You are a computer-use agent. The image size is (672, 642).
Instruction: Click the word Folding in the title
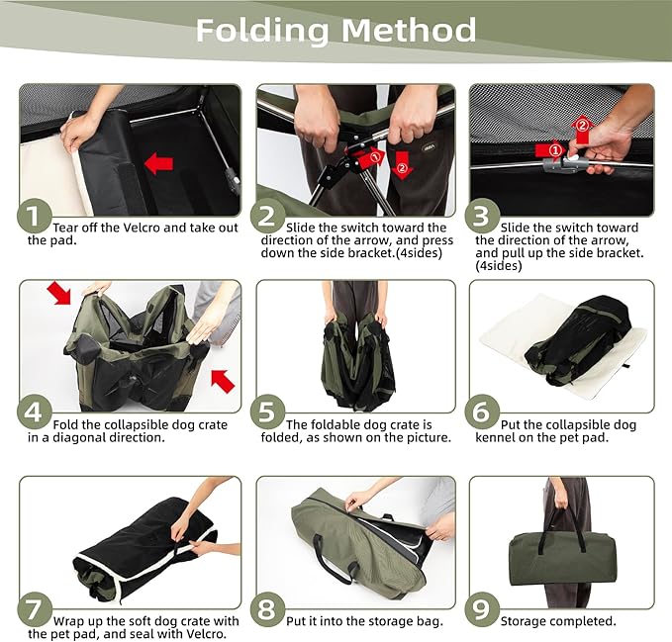click(263, 31)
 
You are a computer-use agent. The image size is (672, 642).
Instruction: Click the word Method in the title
click(409, 30)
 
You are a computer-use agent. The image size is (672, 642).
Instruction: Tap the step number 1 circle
click(35, 216)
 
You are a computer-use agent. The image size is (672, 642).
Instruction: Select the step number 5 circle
click(267, 413)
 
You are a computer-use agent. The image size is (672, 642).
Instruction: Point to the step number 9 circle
click(482, 609)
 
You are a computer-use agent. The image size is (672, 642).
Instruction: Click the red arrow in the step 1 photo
click(158, 163)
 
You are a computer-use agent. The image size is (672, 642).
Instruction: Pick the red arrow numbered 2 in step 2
click(402, 164)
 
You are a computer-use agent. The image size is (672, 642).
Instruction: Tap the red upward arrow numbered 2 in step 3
click(582, 131)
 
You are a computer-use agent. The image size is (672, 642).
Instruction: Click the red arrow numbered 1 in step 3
click(549, 150)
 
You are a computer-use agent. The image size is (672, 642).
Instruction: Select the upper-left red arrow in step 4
click(59, 293)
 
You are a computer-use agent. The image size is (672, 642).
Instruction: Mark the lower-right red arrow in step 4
click(223, 381)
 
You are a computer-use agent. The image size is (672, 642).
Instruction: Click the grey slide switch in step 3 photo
click(561, 164)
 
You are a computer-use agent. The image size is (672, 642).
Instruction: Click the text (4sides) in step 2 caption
click(419, 253)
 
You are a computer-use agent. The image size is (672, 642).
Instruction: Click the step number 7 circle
click(35, 609)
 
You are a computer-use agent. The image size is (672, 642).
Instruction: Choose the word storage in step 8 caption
click(392, 622)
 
